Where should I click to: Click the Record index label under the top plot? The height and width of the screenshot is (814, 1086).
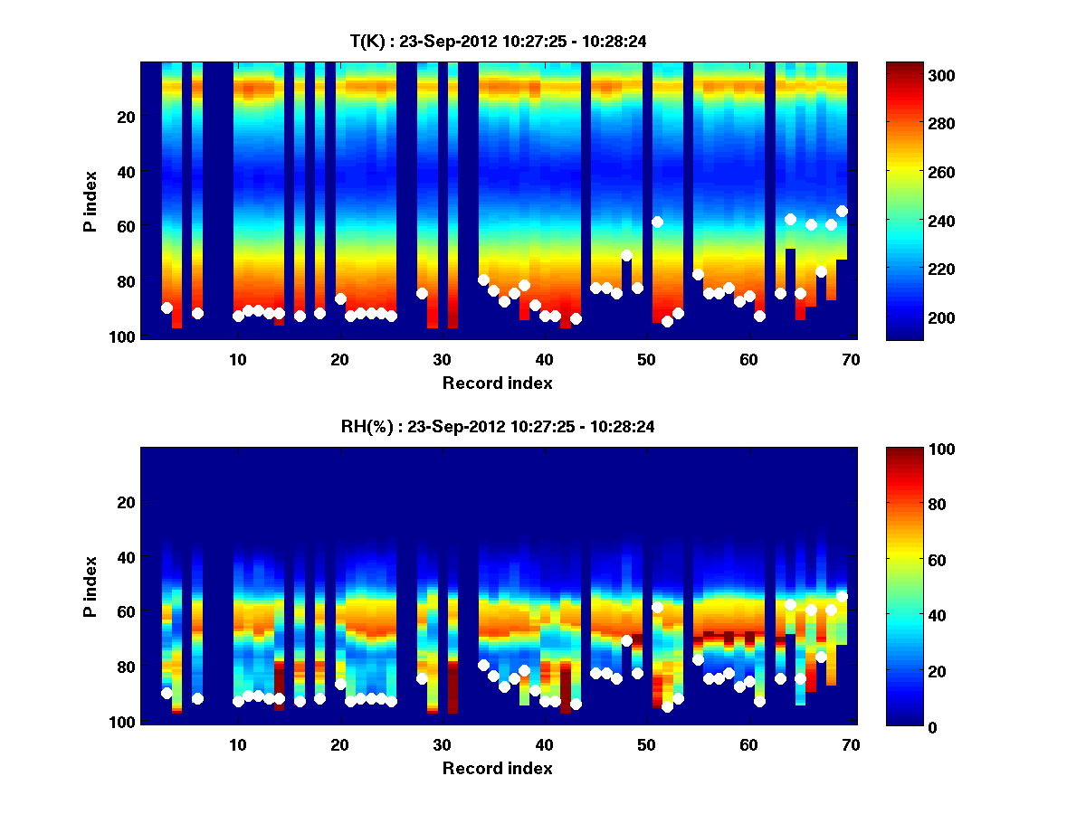pyautogui.click(x=498, y=383)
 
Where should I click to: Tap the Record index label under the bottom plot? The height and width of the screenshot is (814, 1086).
pyautogui.click(x=498, y=768)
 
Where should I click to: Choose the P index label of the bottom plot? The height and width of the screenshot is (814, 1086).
pyautogui.click(x=90, y=586)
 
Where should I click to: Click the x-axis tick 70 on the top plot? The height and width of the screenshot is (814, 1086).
pyautogui.click(x=851, y=359)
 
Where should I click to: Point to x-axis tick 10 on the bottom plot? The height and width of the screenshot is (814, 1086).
pyautogui.click(x=238, y=744)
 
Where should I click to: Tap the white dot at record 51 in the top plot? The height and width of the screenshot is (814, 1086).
pyautogui.click(x=658, y=222)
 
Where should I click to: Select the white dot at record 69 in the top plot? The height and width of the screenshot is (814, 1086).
pyautogui.click(x=842, y=211)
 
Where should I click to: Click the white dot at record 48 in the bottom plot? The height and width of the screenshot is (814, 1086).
pyautogui.click(x=626, y=640)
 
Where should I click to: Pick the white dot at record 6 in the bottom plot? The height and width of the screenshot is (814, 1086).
pyautogui.click(x=197, y=698)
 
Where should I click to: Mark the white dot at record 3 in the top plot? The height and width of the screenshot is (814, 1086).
pyautogui.click(x=167, y=308)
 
